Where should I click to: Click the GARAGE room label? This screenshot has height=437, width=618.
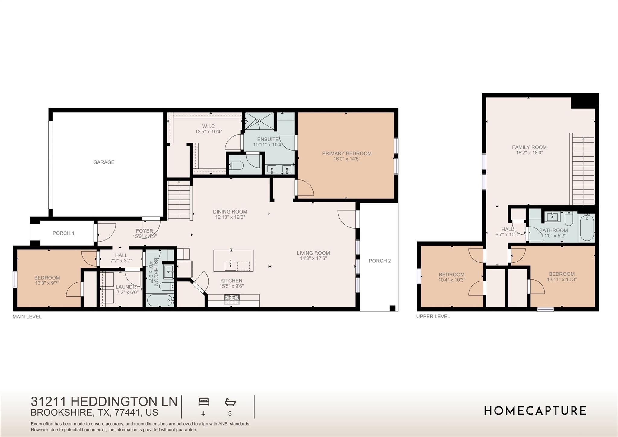click(104, 162)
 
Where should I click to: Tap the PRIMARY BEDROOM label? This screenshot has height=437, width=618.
click(346, 153)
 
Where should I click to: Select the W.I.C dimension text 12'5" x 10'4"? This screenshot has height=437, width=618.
click(208, 132)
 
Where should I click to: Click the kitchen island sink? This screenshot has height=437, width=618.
click(230, 266)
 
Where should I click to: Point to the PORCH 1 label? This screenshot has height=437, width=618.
click(63, 233)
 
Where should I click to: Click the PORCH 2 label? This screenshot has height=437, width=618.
click(380, 261)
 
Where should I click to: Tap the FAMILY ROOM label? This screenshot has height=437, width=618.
click(529, 147)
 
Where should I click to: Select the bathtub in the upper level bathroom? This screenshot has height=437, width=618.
click(587, 227)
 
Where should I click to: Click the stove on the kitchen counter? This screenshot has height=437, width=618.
click(232, 299)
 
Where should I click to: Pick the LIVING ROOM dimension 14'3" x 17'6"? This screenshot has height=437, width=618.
click(313, 259)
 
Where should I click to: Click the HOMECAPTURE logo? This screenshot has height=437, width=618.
click(535, 411)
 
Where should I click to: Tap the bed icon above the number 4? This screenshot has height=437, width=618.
click(204, 402)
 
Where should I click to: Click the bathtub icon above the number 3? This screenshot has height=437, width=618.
click(230, 402)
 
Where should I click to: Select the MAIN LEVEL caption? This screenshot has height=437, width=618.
click(27, 317)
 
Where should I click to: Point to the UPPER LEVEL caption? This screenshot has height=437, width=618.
click(433, 317)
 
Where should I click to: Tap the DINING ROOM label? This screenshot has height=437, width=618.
click(230, 212)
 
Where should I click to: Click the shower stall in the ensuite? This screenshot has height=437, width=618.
click(259, 121)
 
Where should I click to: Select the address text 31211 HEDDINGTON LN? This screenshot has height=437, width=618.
click(104, 402)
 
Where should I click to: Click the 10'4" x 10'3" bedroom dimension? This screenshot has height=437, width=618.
click(451, 280)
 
